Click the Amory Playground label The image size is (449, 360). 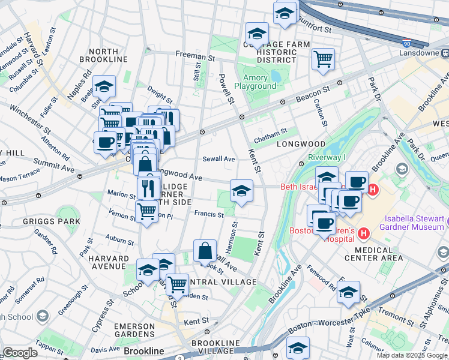pyautogui.click(x=259, y=82)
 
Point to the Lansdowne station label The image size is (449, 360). pyautogui.click(x=423, y=53)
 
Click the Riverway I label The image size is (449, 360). pyautogui.click(x=328, y=157)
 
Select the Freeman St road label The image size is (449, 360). pyautogui.click(x=195, y=55)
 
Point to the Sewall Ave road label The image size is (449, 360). pyautogui.click(x=218, y=159)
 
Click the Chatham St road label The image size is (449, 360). pyautogui.click(x=271, y=139)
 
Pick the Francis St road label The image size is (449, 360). pyautogui.click(x=209, y=214)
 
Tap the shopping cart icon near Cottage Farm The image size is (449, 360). pyautogui.click(x=323, y=59)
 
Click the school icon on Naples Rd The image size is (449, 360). pyautogui.click(x=104, y=87)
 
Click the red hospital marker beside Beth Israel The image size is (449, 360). pyautogui.click(x=373, y=190)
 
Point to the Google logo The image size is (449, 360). pyautogui.click(x=20, y=353)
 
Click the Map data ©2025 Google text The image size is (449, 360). pyautogui.click(x=412, y=355)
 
